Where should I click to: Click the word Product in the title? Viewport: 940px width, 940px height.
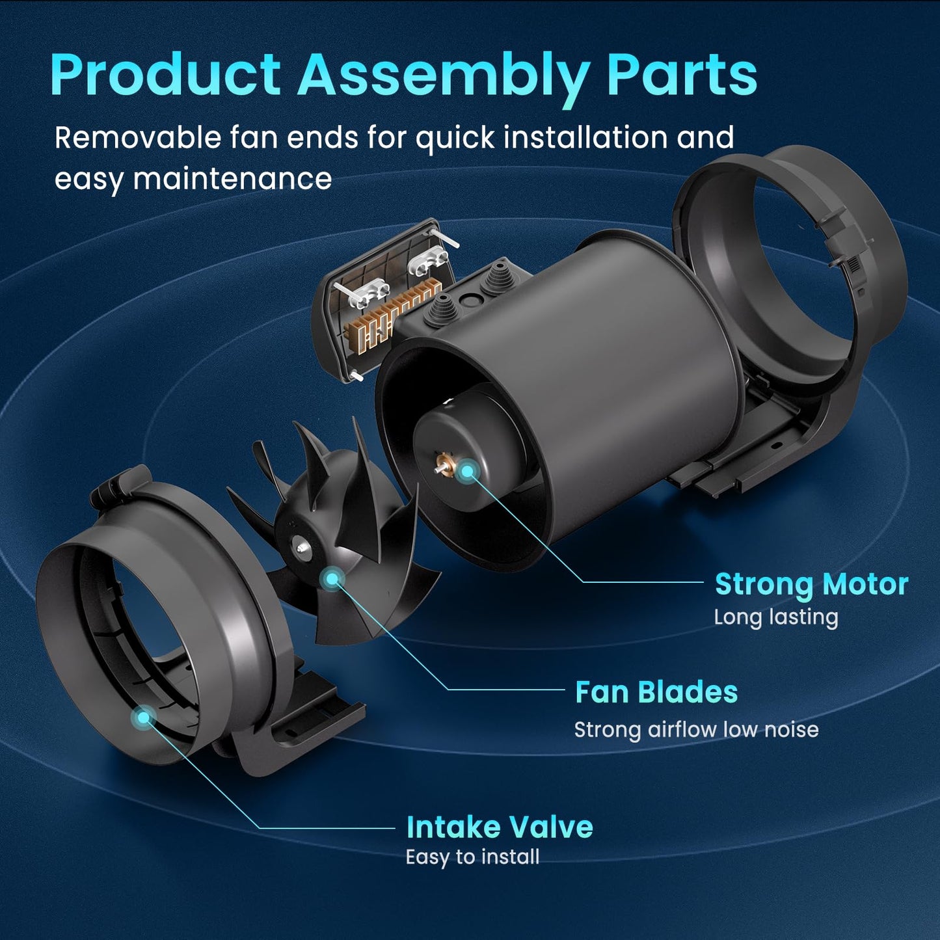[165, 75]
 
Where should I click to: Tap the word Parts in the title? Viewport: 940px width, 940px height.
[682, 75]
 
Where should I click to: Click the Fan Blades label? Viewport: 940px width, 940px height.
[656, 692]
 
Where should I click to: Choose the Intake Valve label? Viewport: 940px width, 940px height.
[500, 827]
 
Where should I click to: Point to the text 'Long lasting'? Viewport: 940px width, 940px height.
[776, 617]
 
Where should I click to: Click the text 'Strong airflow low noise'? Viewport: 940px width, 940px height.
[696, 731]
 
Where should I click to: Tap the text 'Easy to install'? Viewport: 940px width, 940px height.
[472, 857]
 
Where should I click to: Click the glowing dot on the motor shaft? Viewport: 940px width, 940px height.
[467, 471]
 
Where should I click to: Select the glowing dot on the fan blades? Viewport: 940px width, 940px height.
[332, 579]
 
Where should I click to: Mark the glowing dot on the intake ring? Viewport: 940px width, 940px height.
[143, 718]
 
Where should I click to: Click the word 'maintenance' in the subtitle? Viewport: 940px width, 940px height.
[232, 178]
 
